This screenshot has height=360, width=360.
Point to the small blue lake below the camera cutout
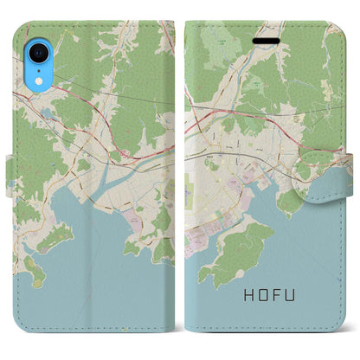[x=45, y=113]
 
